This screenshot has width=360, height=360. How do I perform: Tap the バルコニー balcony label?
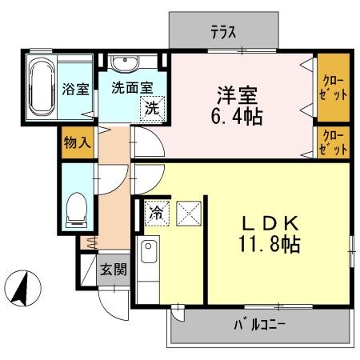tap(260, 325)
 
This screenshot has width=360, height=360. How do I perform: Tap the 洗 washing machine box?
tap(150, 109)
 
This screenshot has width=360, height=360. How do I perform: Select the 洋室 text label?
tap(235, 94)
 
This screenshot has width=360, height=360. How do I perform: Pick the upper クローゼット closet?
tap(334, 87)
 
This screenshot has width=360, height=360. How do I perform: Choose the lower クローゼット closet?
tap(334, 142)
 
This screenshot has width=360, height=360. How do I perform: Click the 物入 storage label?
tap(77, 144)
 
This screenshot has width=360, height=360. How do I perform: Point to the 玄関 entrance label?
tap(112, 270)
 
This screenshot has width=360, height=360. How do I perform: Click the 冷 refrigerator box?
tap(156, 212)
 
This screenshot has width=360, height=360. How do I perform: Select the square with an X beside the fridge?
tap(187, 213)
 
